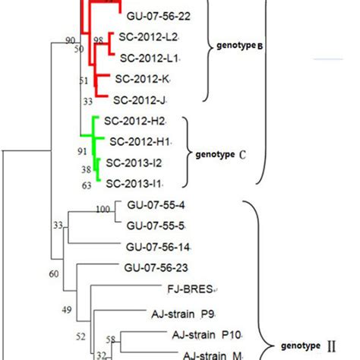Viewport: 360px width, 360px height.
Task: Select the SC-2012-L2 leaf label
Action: (148, 37)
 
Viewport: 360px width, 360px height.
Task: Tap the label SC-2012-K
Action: (144, 78)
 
